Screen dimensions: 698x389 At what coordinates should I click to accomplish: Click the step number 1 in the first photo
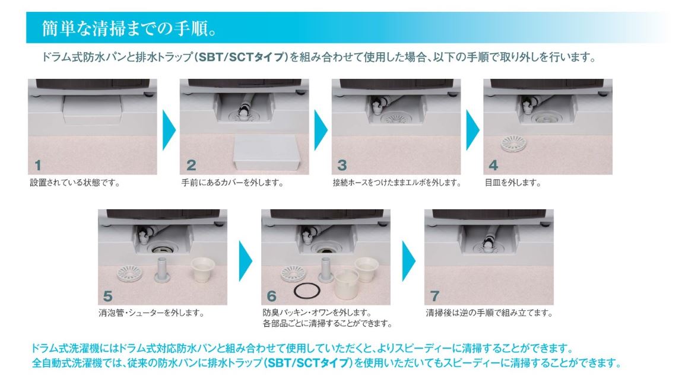[38, 165]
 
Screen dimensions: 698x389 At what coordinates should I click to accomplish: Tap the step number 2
[191, 165]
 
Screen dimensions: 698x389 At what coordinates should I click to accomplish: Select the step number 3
[342, 165]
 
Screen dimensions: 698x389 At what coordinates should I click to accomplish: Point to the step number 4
[493, 165]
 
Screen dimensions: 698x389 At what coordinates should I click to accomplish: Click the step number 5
[108, 296]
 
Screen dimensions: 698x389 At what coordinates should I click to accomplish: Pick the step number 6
[272, 296]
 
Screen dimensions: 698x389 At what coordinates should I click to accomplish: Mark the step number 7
[434, 296]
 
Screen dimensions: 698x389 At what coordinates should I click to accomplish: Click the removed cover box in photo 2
[266, 152]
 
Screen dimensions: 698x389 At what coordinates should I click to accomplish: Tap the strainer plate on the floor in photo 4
[513, 143]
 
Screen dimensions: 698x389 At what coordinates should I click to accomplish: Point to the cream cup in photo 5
[202, 269]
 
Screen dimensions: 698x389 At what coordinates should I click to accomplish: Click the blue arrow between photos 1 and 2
[169, 130]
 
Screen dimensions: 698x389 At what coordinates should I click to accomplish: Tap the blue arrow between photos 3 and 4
[472, 130]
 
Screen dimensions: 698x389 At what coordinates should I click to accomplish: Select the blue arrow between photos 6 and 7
[408, 261]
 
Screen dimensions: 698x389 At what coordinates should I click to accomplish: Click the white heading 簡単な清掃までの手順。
[129, 28]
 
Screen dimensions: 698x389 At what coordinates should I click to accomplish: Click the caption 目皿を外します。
[513, 183]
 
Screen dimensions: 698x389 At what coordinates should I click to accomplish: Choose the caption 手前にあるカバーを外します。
[232, 183]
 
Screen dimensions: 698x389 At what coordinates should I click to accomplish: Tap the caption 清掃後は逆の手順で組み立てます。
[489, 313]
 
